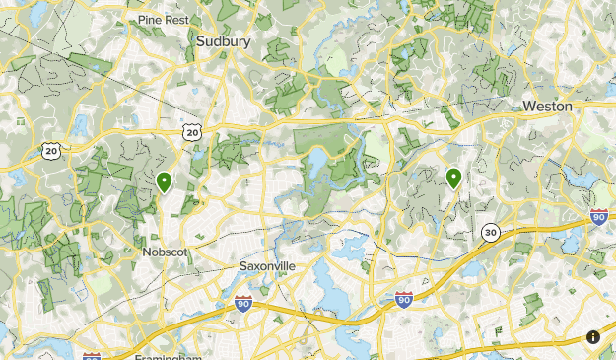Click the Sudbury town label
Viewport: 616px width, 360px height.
pyautogui.click(x=223, y=41)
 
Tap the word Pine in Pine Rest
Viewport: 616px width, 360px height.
pyautogui.click(x=151, y=19)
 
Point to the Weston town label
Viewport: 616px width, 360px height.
pyautogui.click(x=547, y=106)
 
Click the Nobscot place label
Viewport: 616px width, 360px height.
pyautogui.click(x=165, y=252)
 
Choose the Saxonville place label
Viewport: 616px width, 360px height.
pyautogui.click(x=267, y=266)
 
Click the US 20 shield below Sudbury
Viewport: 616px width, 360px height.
pyautogui.click(x=192, y=131)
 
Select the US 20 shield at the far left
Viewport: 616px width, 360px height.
pyautogui.click(x=50, y=150)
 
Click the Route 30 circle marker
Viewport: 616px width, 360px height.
pyautogui.click(x=490, y=232)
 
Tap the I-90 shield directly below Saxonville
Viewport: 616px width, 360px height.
pyautogui.click(x=242, y=306)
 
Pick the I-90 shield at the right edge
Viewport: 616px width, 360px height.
pyautogui.click(x=598, y=217)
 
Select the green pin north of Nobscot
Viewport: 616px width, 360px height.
pyautogui.click(x=164, y=181)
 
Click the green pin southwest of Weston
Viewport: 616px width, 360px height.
pyautogui.click(x=453, y=179)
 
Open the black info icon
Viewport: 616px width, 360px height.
pyautogui.click(x=593, y=337)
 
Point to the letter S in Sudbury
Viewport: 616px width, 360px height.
pyautogui.click(x=200, y=41)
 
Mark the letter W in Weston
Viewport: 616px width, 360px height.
pyautogui.click(x=529, y=106)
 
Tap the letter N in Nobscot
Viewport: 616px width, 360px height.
pyautogui.click(x=146, y=252)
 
